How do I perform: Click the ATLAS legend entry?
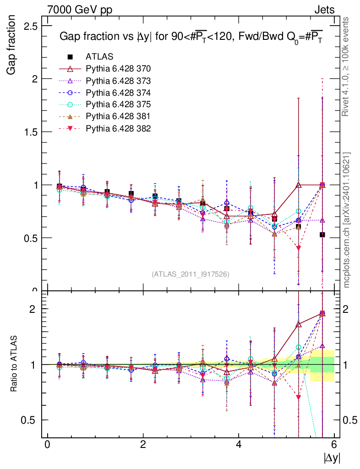[99, 57]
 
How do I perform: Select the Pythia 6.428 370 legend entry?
[118, 69]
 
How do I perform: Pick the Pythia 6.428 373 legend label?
[118, 81]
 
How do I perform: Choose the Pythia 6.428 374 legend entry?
[118, 93]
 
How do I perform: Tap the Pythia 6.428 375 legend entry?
[118, 104]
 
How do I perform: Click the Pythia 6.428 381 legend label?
[118, 116]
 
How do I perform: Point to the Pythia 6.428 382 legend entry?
[118, 128]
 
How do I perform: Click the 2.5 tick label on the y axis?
[31, 26]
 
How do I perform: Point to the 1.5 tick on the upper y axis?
[31, 132]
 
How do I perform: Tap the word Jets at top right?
[324, 10]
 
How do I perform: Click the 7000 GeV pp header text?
[79, 10]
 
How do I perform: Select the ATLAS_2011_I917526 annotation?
[191, 274]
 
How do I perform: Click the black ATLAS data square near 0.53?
[322, 234]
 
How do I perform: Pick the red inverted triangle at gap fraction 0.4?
[299, 248]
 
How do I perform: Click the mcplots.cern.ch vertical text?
[347, 220]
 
